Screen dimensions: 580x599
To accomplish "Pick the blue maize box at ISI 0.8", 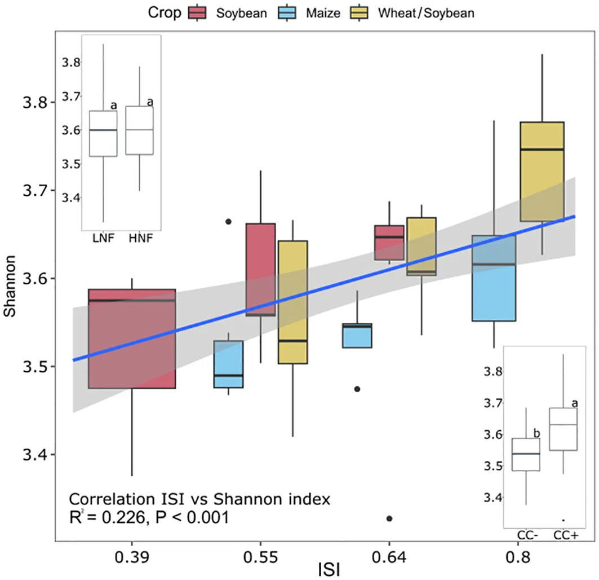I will pyautogui.click(x=494, y=278).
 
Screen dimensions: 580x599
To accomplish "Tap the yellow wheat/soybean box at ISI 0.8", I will pyautogui.click(x=542, y=172).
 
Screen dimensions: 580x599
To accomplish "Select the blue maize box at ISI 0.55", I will pyautogui.click(x=228, y=364).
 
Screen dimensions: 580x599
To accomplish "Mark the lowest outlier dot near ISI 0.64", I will pyautogui.click(x=389, y=518).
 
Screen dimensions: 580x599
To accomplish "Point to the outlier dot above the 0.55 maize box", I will pyautogui.click(x=228, y=222).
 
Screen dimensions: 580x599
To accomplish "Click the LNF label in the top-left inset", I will pyautogui.click(x=103, y=239).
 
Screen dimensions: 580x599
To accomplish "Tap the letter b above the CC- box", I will pyautogui.click(x=536, y=433).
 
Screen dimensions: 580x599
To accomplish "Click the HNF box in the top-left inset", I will pyautogui.click(x=139, y=130).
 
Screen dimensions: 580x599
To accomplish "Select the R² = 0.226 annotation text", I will pyautogui.click(x=149, y=517).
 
